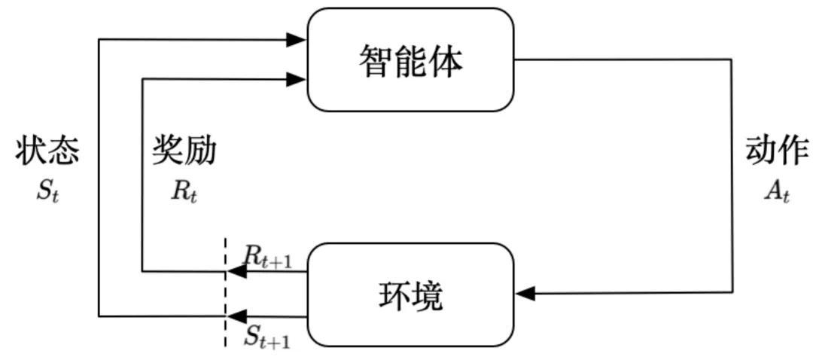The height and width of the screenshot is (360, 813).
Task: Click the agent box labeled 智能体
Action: (x=410, y=60)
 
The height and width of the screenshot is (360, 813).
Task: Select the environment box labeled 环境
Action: (x=410, y=294)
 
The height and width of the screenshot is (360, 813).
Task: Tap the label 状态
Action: (x=47, y=151)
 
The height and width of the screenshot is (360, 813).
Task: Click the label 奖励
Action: (x=184, y=151)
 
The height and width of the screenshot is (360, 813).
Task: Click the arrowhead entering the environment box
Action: (x=526, y=293)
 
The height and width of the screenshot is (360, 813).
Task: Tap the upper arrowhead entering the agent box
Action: (x=297, y=39)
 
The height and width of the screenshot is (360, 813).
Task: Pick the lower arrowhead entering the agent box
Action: (x=297, y=78)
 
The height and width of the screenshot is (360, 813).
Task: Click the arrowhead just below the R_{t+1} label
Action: (x=236, y=273)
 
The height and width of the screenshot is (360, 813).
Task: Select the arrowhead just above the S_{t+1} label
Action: (x=236, y=316)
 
